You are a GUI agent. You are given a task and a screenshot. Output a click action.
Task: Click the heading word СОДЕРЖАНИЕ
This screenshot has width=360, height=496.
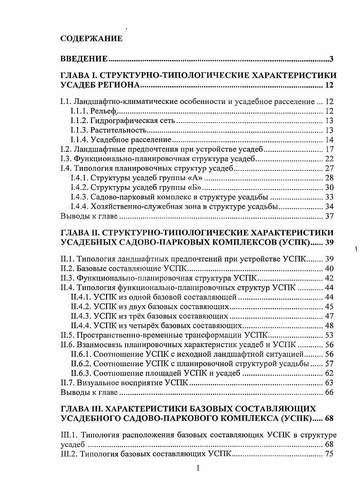[x=91, y=39]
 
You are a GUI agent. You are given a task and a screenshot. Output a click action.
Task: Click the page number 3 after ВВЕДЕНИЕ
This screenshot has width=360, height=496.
[x=332, y=59]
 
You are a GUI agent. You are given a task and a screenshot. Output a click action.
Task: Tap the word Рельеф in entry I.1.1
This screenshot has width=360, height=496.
[x=103, y=111]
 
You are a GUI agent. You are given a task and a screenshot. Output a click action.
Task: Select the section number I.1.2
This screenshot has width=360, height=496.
[x=80, y=121]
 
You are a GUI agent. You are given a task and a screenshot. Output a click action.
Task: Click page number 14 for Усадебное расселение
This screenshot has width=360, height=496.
[x=330, y=139]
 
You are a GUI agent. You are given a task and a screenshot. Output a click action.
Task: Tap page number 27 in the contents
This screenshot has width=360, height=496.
[x=330, y=168]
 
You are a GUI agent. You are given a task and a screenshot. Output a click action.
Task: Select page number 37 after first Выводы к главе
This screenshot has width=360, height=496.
[x=330, y=216]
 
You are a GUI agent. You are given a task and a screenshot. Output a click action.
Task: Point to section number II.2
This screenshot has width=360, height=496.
[x=67, y=269]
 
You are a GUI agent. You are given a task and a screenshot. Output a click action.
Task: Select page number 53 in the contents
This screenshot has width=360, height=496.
[x=330, y=335]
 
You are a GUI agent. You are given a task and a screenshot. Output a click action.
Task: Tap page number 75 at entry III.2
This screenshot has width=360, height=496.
[x=330, y=454]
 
